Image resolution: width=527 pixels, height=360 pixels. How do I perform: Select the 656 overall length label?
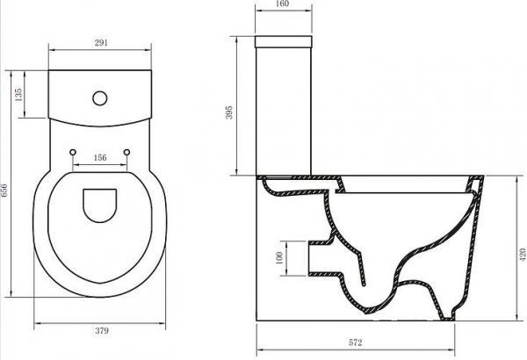(7, 183)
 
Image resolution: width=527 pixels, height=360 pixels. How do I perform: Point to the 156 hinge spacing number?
(99, 157)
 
